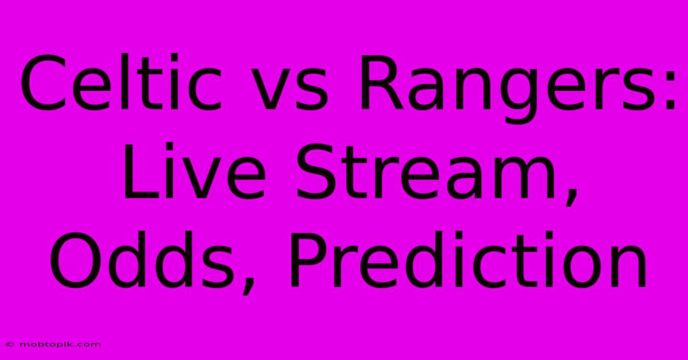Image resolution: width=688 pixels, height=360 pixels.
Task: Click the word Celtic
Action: [122, 83]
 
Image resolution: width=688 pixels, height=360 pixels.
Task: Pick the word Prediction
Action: [468, 260]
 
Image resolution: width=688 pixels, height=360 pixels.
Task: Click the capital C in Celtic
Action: [41, 83]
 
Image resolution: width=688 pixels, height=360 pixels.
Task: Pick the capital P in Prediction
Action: [308, 260]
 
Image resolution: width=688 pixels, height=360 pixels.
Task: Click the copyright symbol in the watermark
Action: [10, 345]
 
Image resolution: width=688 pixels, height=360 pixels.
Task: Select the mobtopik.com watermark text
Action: [60, 345]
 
